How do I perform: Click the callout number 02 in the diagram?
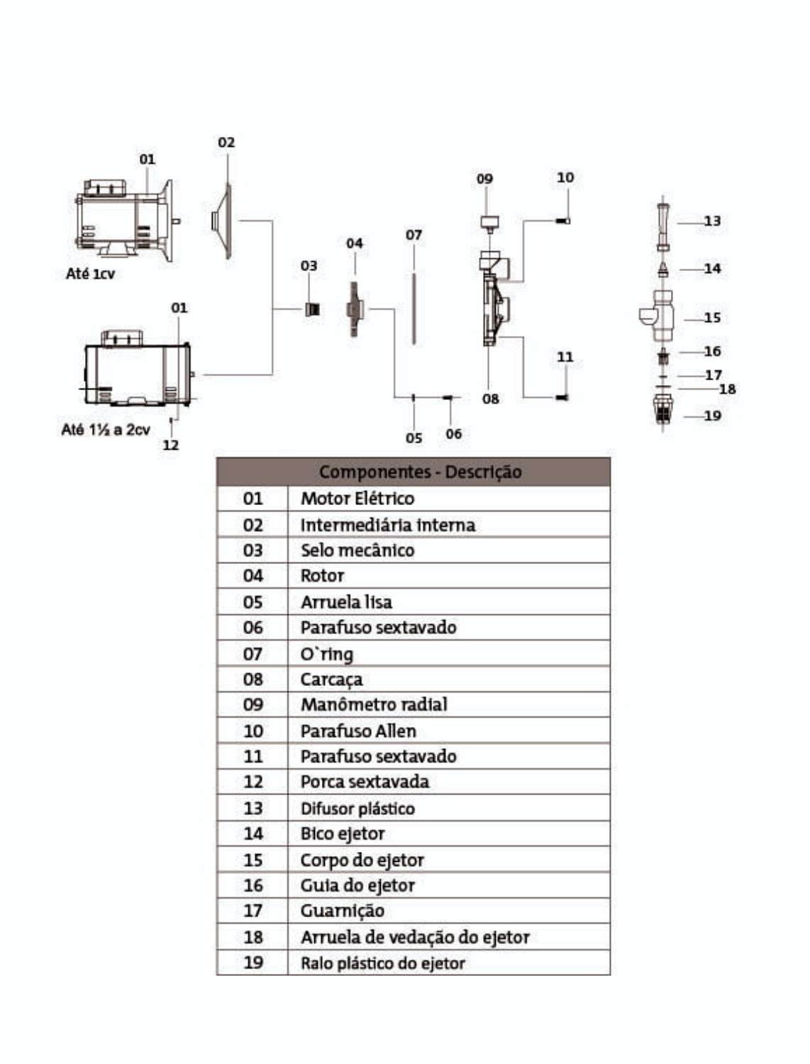[x=226, y=143]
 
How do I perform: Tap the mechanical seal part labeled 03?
[x=312, y=309]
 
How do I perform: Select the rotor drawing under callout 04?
[x=355, y=309]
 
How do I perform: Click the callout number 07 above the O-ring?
[x=414, y=235]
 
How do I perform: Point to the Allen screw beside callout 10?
[x=562, y=221]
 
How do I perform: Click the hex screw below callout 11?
[x=562, y=397]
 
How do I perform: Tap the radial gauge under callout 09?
[x=490, y=224]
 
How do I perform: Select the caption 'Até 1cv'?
[x=90, y=274]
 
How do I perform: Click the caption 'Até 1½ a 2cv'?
[x=106, y=429]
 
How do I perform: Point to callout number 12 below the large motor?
[x=171, y=445]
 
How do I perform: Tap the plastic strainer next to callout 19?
[x=662, y=410]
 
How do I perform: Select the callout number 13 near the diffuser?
[x=712, y=221]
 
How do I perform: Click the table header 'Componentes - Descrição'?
[x=421, y=472]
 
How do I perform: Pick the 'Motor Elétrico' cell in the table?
[x=357, y=499]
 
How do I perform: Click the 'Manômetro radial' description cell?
[x=374, y=705]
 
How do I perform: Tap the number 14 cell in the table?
[x=253, y=833]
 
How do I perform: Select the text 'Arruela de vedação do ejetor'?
[x=415, y=938]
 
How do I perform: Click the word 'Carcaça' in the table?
[x=331, y=680]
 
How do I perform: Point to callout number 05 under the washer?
[x=414, y=438]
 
